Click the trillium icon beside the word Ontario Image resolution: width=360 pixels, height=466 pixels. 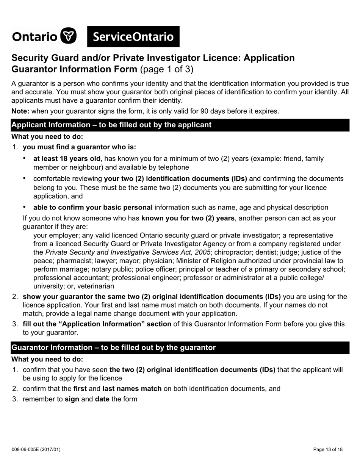(69, 36)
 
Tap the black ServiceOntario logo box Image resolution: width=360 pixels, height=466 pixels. (133, 37)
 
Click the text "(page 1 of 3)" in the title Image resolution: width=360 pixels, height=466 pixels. (167, 69)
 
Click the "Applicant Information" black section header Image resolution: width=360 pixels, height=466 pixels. (111, 125)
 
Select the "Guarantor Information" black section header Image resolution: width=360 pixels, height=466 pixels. (113, 347)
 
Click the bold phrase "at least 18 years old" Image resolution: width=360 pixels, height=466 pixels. (67, 158)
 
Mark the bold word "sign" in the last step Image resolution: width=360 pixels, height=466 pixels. (72, 399)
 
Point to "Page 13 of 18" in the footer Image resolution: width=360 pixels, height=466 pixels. (328, 450)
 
